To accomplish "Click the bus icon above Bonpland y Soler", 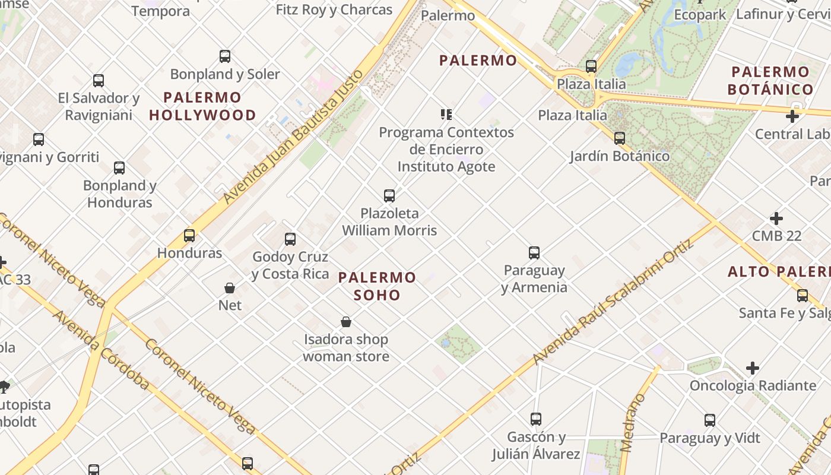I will [225, 56].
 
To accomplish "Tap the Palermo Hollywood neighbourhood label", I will [202, 106].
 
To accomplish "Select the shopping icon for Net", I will [230, 288].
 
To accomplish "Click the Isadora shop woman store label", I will [346, 348].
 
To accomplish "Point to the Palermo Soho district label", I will [378, 286].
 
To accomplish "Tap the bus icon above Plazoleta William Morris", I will [389, 195].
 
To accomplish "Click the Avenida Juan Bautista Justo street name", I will [293, 137].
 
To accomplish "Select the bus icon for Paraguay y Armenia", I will [534, 253].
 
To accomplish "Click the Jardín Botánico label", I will [620, 156].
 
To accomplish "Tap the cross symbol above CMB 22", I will [776, 218].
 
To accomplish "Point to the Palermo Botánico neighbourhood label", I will [770, 81].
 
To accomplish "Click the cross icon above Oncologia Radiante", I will [753, 368].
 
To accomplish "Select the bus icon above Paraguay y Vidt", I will [710, 420].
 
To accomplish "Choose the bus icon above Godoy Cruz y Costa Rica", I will [290, 239].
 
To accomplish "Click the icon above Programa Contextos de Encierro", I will [446, 114].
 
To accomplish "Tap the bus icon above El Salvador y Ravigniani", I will [99, 80].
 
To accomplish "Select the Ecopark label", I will [700, 15].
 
